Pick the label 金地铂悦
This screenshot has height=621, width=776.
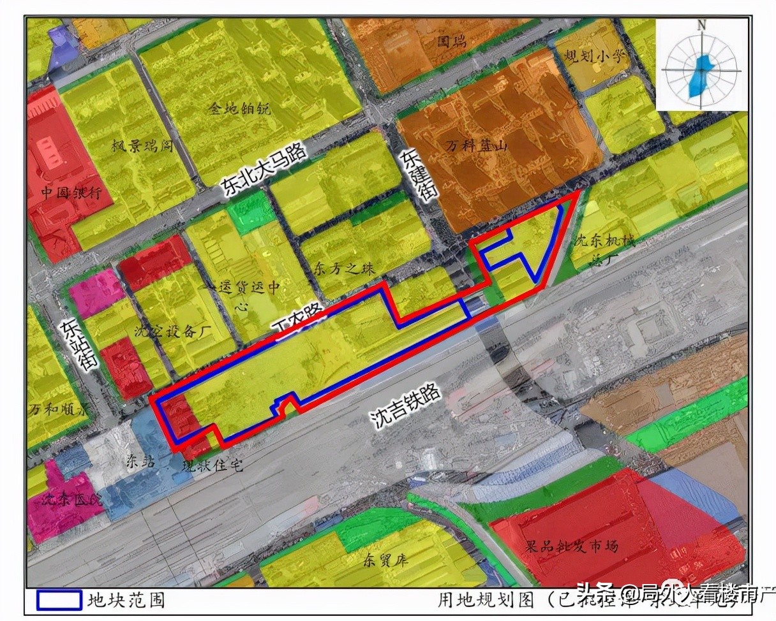[239, 108]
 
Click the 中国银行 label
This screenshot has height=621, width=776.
[70, 194]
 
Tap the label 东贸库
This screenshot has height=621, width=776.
[385, 562]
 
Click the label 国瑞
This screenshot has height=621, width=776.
[451, 43]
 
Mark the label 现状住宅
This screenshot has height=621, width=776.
[212, 466]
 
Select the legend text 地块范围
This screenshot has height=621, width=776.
[126, 600]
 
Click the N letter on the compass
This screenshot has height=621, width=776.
[701, 25]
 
